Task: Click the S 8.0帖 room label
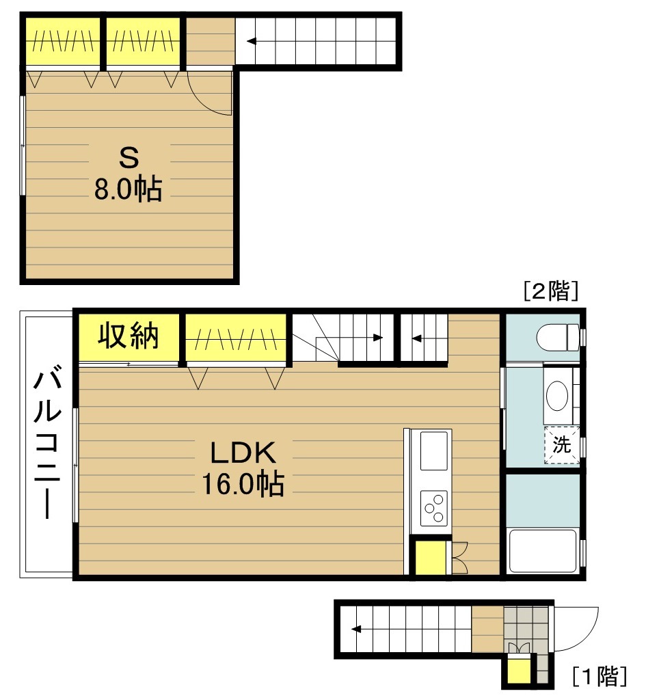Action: point(129,174)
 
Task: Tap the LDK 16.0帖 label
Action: point(243,468)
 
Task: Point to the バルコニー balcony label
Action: point(47,442)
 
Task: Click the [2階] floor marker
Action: point(551,291)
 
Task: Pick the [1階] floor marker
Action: point(600,676)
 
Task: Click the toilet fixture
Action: point(559,337)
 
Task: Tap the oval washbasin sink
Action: point(557,396)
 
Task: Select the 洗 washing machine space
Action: point(562,444)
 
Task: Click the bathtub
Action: point(543,550)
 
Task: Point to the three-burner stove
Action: point(434,509)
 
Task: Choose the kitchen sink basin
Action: point(433,450)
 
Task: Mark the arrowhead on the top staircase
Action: point(252,42)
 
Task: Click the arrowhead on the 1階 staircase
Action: point(356,630)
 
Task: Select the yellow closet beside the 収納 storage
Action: point(236,338)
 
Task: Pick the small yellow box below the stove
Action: point(431,558)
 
